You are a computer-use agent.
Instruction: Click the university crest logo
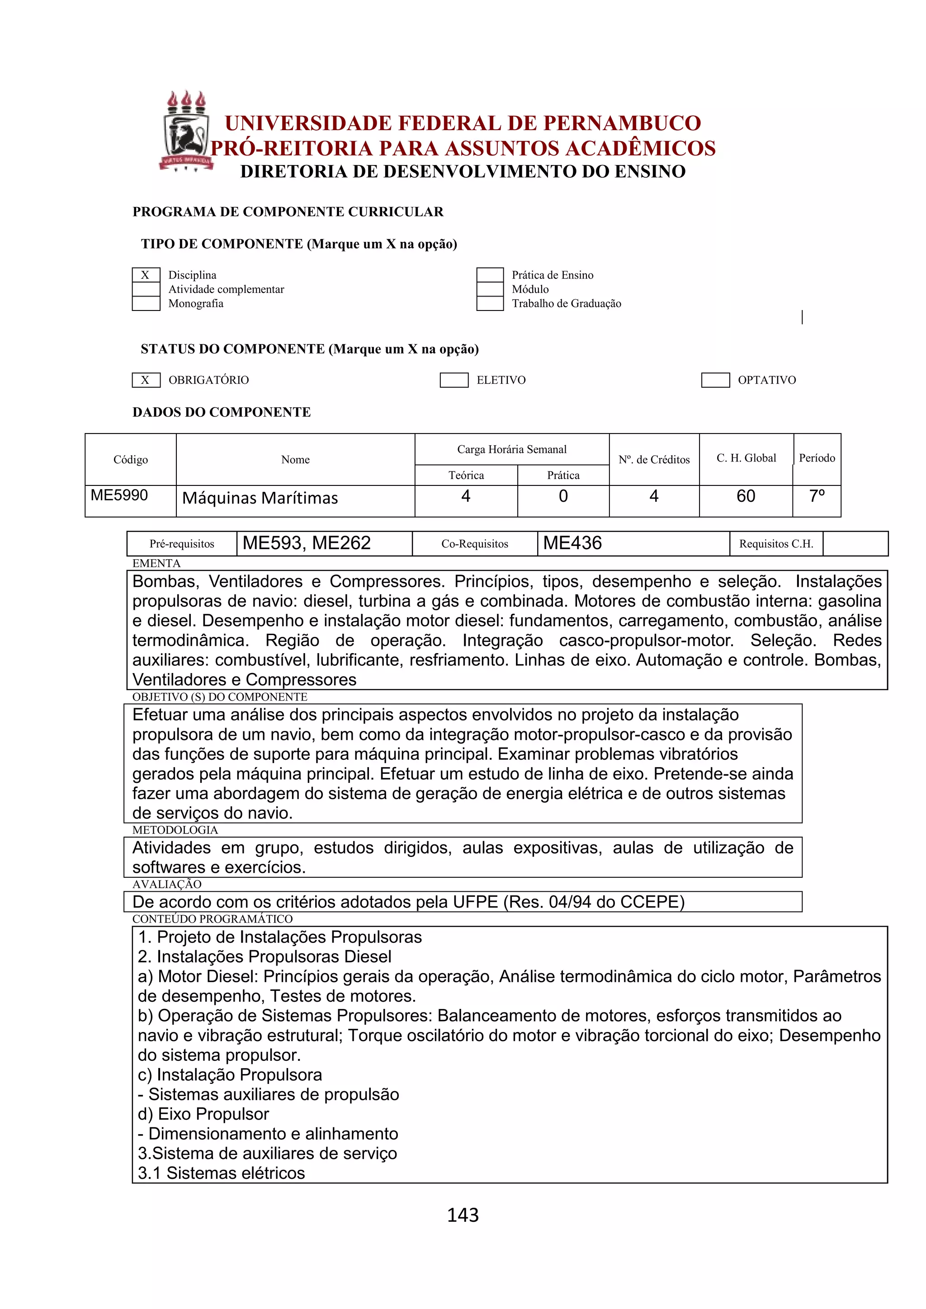[186, 132]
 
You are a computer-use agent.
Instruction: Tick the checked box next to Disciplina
[146, 275]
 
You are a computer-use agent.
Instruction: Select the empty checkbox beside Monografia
[146, 303]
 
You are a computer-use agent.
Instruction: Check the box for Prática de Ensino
[490, 275]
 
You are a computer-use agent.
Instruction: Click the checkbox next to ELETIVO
[454, 380]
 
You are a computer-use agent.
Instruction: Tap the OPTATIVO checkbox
[715, 380]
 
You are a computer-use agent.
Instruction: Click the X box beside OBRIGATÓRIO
[146, 380]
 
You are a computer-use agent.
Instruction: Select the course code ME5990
[119, 495]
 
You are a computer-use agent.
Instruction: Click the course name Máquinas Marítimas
[260, 498]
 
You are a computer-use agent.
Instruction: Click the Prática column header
[563, 476]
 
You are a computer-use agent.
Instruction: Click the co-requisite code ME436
[572, 543]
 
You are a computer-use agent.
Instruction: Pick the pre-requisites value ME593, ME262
[307, 543]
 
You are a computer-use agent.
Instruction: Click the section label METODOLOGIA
[175, 830]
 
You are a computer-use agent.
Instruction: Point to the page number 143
[463, 1215]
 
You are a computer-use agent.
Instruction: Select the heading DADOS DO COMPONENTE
[221, 412]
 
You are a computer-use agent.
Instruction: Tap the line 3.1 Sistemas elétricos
[221, 1173]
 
